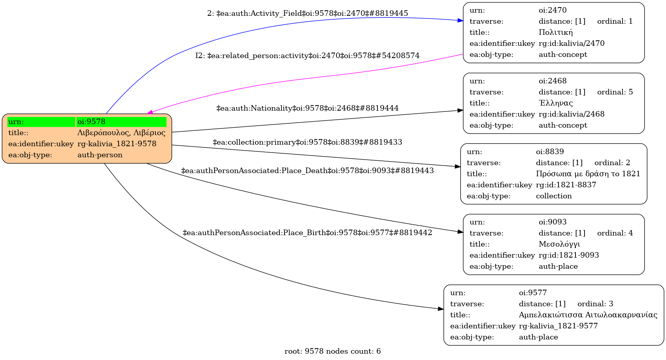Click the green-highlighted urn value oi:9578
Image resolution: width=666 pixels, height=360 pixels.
pos(91,122)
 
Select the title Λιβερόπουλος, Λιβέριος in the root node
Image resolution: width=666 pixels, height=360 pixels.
pos(121,133)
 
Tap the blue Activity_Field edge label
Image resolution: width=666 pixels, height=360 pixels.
pos(308,13)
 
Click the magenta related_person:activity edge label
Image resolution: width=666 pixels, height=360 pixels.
pos(307,56)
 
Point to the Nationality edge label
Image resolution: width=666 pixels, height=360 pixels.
pos(307,108)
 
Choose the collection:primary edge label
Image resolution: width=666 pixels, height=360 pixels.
pos(307,142)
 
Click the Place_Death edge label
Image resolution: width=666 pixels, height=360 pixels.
pos(307,171)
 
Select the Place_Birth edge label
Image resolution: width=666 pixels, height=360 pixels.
pos(307,233)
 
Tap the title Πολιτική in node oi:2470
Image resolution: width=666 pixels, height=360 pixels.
pos(555,32)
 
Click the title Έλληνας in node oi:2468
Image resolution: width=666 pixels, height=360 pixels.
pos(555,103)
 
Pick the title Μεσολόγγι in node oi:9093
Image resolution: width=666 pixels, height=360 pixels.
pos(559,244)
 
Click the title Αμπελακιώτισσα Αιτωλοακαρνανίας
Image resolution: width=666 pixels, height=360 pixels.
pos(588,315)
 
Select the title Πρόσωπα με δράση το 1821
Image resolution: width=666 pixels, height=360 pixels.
pos(588,174)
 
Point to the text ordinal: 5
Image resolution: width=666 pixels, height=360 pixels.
pos(615,92)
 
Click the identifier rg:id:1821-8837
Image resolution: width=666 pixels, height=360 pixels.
pos(566,185)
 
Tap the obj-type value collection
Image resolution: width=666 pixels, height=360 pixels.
pos(553,196)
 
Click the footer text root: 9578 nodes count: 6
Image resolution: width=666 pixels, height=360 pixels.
pos(332,351)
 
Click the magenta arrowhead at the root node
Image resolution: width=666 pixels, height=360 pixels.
pos(151,113)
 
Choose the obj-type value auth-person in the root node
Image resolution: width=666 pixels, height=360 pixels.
pos(100,155)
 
